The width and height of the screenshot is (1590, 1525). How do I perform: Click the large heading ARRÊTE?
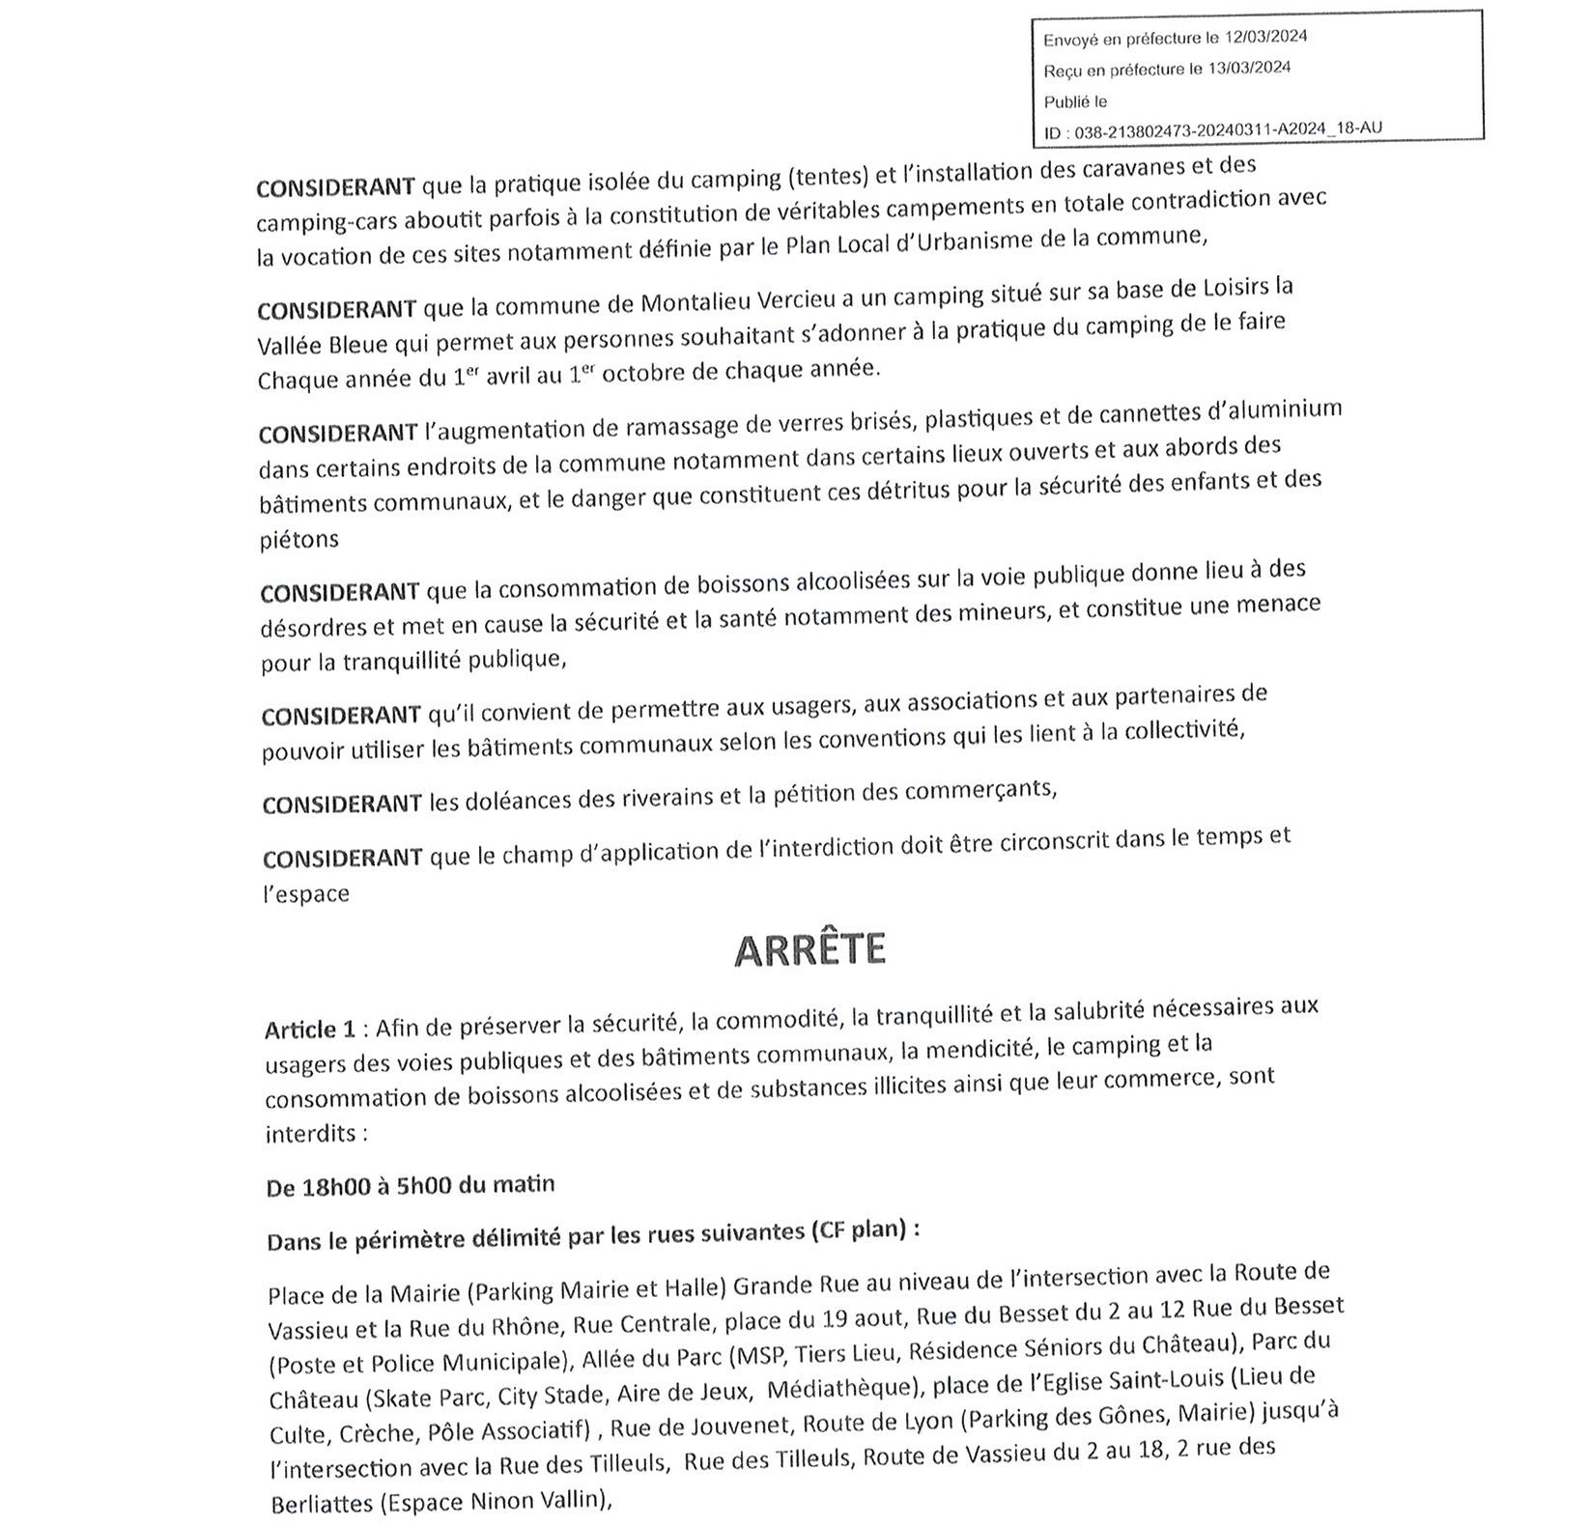(809, 950)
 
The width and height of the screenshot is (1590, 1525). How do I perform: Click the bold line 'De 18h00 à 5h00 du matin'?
(411, 1186)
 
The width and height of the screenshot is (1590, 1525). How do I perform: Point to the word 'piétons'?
(299, 540)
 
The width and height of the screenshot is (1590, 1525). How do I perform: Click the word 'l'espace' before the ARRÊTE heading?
(305, 894)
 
